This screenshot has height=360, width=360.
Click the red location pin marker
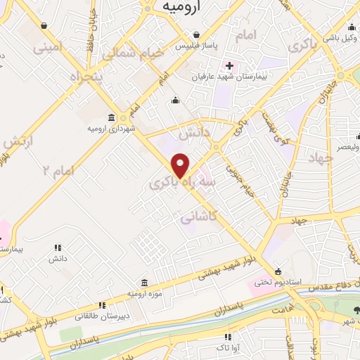click(181, 164)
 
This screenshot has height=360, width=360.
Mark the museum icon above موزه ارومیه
click(144, 281)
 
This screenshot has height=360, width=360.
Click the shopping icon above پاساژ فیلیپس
click(197, 34)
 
